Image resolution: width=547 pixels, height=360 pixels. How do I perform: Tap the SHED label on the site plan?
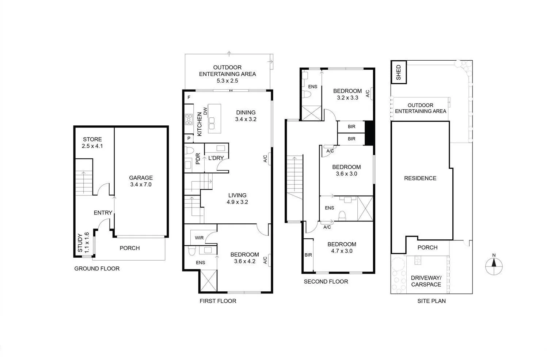pyautogui.click(x=398, y=72)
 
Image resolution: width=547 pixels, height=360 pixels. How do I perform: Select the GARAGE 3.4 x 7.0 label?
pyautogui.click(x=141, y=181)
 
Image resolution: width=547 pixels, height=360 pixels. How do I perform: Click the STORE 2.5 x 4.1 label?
pyautogui.click(x=92, y=143)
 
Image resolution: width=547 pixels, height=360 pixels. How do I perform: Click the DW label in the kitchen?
pyautogui.click(x=205, y=111)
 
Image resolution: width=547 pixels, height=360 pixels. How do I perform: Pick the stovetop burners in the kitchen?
pyautogui.click(x=189, y=120)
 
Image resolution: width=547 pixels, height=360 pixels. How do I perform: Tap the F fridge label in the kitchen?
pyautogui.click(x=189, y=98)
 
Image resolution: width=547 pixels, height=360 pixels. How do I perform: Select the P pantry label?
pyautogui.click(x=189, y=139)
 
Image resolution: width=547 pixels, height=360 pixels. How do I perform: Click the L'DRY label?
pyautogui.click(x=216, y=158)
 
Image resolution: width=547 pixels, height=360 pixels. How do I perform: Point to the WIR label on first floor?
pyautogui.click(x=199, y=238)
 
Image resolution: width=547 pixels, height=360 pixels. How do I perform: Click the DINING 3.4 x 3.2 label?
pyautogui.click(x=246, y=116)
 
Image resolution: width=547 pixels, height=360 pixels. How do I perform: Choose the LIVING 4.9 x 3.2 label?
pyautogui.click(x=237, y=198)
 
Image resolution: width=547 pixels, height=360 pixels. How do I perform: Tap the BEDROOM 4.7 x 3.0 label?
pyautogui.click(x=342, y=247)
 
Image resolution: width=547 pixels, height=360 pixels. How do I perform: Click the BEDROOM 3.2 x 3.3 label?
pyautogui.click(x=347, y=94)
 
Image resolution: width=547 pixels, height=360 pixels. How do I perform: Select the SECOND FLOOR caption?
pyautogui.click(x=326, y=281)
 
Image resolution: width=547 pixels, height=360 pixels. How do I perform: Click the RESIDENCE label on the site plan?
pyautogui.click(x=420, y=178)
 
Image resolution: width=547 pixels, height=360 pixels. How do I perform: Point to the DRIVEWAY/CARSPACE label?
pyautogui.click(x=426, y=281)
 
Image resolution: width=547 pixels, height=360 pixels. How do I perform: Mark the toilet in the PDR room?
pyautogui.click(x=189, y=150)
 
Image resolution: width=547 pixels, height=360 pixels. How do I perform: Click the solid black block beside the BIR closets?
pyautogui.click(x=369, y=133)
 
